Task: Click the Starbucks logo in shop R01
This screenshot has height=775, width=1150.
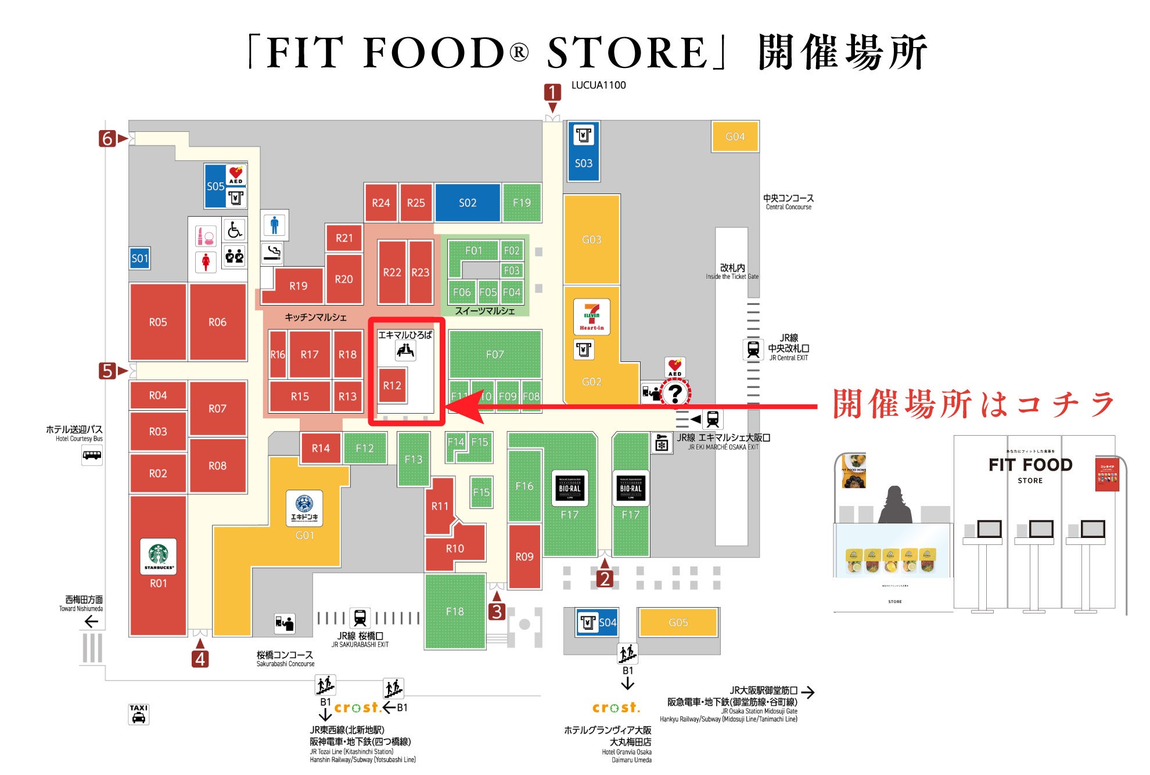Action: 158,556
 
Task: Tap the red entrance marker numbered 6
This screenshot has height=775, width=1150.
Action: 107,138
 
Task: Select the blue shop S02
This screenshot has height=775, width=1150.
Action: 467,203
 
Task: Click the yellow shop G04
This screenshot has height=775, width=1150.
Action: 735,137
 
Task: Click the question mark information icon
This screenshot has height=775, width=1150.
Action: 675,393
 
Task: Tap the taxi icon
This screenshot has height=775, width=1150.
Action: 138,714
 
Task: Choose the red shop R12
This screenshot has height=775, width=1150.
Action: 392,385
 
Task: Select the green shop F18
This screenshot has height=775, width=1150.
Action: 455,611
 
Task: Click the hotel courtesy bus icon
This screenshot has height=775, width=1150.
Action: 92,455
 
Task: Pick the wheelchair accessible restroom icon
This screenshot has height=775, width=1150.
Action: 235,230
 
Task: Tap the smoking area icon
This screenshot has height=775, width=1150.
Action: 272,253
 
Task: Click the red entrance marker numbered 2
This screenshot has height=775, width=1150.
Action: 605,579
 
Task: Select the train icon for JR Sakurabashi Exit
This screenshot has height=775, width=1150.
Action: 360,618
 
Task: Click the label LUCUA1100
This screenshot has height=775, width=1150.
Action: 598,85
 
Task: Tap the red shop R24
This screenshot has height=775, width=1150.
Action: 381,203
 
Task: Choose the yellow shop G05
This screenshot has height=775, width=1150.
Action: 678,622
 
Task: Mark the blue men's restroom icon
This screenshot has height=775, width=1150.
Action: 274,224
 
